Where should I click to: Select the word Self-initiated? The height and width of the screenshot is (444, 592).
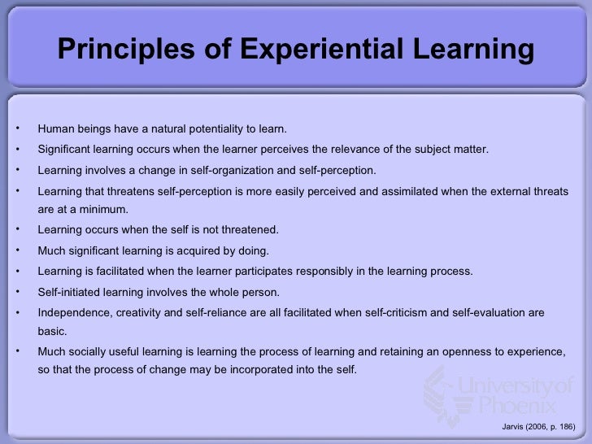pyautogui.click(x=70, y=291)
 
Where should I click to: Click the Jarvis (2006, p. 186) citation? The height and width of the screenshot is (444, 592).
pyautogui.click(x=538, y=428)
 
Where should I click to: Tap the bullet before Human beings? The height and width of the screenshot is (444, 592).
pyautogui.click(x=17, y=128)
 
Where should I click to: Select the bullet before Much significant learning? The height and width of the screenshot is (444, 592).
pyautogui.click(x=17, y=250)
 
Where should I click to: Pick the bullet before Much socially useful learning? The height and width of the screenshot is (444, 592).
pyautogui.click(x=17, y=350)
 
